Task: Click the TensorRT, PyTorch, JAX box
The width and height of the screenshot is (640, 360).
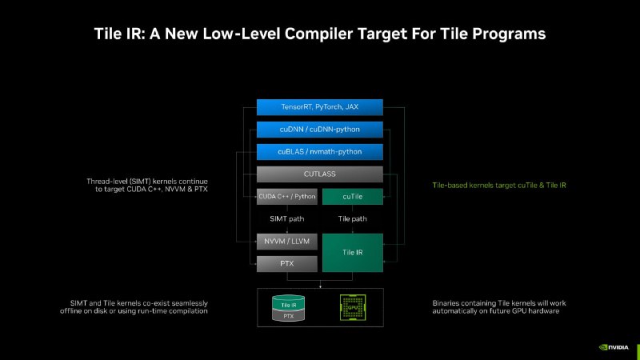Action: click(x=319, y=107)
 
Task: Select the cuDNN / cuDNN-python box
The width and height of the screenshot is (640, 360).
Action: click(x=319, y=130)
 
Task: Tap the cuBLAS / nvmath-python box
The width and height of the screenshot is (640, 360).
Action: click(x=319, y=152)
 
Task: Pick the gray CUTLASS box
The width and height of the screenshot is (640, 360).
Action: click(x=319, y=174)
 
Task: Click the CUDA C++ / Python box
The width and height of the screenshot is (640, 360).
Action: click(x=287, y=196)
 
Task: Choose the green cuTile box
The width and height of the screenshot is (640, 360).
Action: click(x=353, y=196)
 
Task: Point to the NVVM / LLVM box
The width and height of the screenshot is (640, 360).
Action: click(x=287, y=242)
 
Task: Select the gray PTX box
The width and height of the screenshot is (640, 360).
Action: click(x=287, y=264)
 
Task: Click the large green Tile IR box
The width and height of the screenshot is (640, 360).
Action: click(x=353, y=253)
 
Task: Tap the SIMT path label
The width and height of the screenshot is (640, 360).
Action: click(x=287, y=218)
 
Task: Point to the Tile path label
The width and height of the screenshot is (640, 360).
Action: click(x=353, y=218)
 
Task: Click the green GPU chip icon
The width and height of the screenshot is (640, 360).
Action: click(x=353, y=307)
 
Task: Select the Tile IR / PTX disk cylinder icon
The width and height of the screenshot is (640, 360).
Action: click(x=288, y=308)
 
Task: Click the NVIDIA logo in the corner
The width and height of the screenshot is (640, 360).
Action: click(x=614, y=347)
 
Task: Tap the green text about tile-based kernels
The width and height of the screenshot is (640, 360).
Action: click(x=499, y=186)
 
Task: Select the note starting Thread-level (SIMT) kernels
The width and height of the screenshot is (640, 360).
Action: click(x=147, y=185)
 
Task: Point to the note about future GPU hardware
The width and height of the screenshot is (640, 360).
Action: click(x=499, y=307)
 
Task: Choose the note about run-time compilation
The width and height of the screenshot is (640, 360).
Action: click(x=134, y=307)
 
